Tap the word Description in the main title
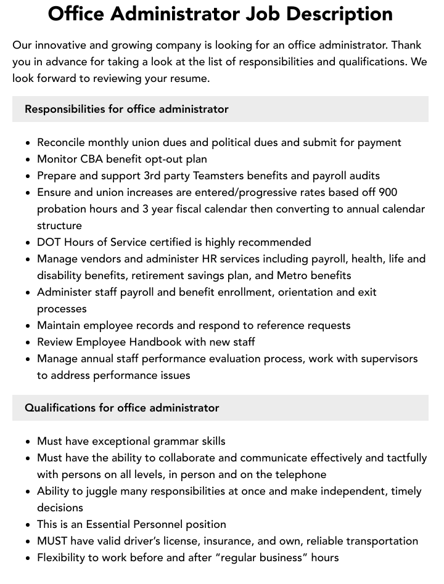coord(345,14)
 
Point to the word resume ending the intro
coord(190,78)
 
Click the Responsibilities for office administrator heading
coord(126,109)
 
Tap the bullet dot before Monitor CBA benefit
coord(28,160)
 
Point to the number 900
coord(387,192)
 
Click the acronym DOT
coord(49,242)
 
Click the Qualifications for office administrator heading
coord(121,408)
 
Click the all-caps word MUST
coord(52,541)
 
